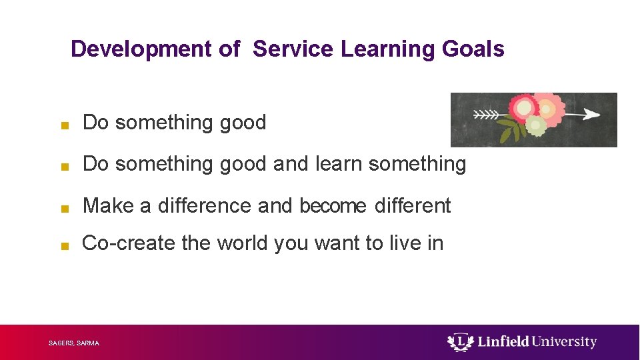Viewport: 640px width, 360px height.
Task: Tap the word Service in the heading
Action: (x=293, y=49)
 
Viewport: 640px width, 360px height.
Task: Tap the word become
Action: (x=333, y=207)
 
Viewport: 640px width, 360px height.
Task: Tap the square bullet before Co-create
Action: (x=63, y=246)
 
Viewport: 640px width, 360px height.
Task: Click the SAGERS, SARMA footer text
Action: (x=74, y=343)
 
